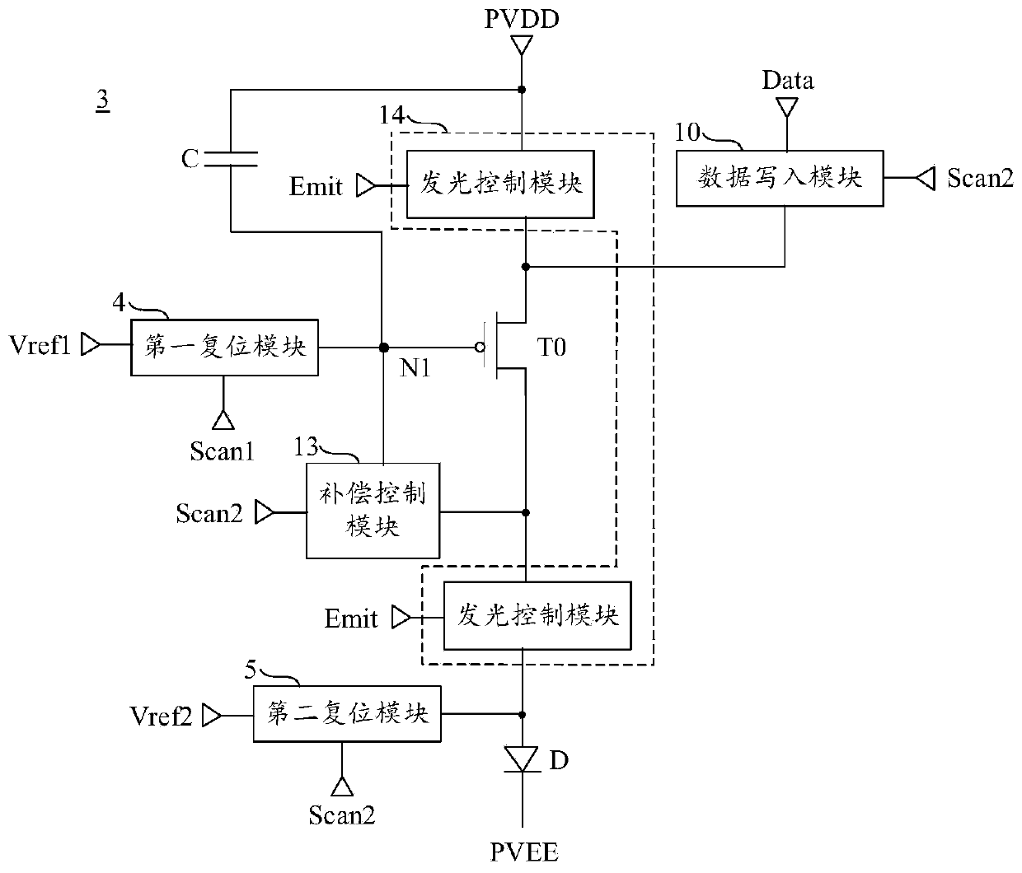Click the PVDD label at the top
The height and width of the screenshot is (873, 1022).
click(x=522, y=19)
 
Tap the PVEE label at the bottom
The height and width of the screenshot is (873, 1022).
click(x=524, y=852)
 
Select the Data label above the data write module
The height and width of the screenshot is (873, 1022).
click(x=788, y=80)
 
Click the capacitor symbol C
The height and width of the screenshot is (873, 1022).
click(x=231, y=159)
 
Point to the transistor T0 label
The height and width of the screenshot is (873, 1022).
click(x=551, y=347)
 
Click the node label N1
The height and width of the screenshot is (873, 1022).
click(x=415, y=368)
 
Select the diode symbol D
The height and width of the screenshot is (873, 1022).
click(x=522, y=759)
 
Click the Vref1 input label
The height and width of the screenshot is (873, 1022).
click(x=40, y=345)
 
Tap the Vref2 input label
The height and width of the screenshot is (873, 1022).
click(x=161, y=716)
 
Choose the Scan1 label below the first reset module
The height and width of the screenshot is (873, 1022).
click(x=222, y=451)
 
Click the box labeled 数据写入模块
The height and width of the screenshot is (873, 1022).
click(x=780, y=179)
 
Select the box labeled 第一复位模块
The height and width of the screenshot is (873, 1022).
click(x=224, y=348)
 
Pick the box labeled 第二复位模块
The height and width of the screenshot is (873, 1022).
click(x=347, y=714)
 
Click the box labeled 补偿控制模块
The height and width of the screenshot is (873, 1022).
click(x=373, y=511)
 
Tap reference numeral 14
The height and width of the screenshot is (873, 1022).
click(x=391, y=115)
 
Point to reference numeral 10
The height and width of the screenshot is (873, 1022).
click(x=687, y=133)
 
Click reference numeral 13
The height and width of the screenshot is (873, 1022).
click(x=306, y=447)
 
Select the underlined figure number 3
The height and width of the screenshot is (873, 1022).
click(x=102, y=100)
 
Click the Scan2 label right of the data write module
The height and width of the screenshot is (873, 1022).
click(x=981, y=178)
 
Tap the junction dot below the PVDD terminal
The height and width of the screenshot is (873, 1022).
click(x=522, y=90)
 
